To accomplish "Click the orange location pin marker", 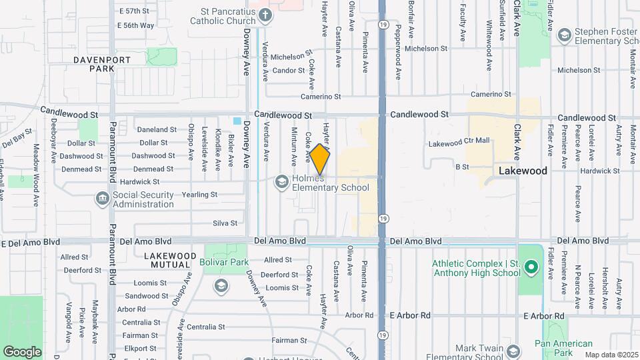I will coord(320,159).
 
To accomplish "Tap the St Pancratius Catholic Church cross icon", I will coord(265,15).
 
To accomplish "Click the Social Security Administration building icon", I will coord(102,197).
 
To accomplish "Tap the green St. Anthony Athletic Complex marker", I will coord(531,269).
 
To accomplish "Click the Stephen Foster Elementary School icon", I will coord(564,34).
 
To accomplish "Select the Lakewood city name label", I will coord(523,171).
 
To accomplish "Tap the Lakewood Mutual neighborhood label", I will coord(170,260).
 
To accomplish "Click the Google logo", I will coord(22,351).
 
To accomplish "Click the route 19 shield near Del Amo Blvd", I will coord(383,218).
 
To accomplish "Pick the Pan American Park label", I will coord(563,348).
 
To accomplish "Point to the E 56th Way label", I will coord(135,25).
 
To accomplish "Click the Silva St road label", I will coord(225,223).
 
